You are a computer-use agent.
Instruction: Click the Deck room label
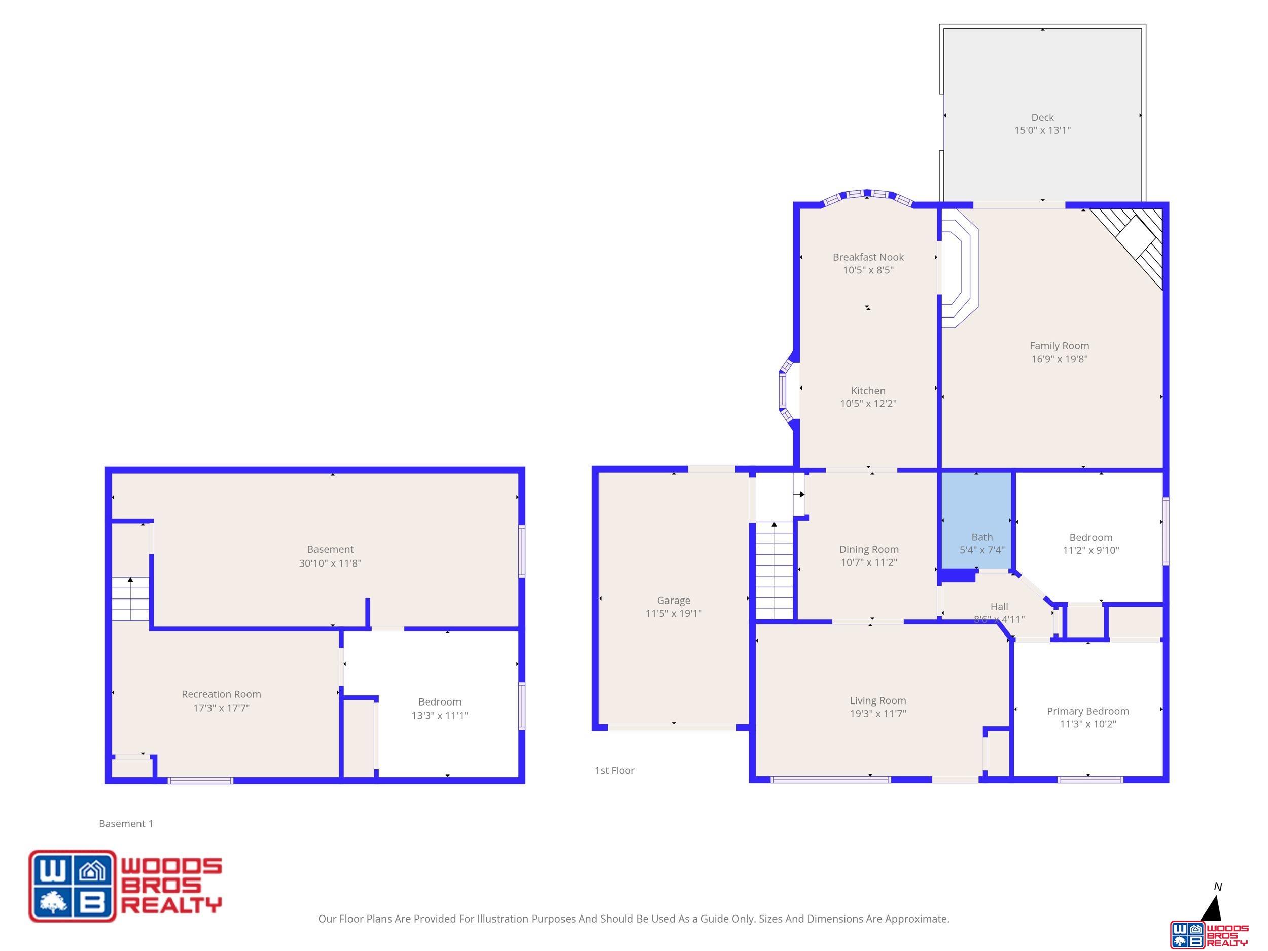1042,118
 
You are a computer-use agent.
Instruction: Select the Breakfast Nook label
868,257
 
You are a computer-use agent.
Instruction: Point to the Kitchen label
868,391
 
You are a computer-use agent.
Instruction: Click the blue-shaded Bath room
977,520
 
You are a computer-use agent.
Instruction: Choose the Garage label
673,600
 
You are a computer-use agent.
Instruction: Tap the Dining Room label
868,549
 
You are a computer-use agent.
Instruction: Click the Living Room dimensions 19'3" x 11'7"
877,714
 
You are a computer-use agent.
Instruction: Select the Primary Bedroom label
1087,711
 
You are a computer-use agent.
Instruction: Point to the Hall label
999,606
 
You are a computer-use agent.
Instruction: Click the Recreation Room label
221,694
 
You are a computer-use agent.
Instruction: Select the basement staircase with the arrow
130,598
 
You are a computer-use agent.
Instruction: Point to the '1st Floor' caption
615,770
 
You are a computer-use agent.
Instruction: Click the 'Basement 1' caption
126,823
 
